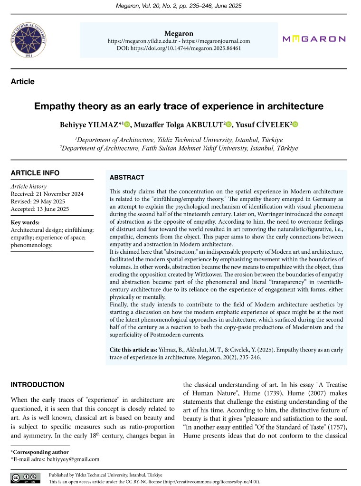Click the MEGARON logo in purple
coord(314,39)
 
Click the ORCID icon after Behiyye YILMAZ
coord(127,124)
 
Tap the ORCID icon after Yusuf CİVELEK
coord(295,124)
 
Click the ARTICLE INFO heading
coord(35,173)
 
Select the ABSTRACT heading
coord(127,178)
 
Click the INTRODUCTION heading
coord(38,385)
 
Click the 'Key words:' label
coord(25,222)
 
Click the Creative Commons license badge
coord(25,477)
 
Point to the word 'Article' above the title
coord(23,82)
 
